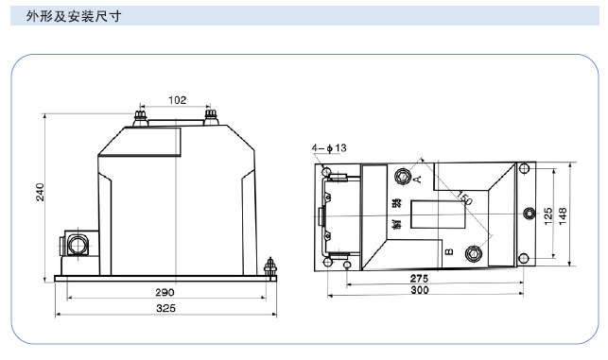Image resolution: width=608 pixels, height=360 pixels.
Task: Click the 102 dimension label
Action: [177, 100]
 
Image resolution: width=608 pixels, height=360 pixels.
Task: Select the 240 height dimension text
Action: [40, 192]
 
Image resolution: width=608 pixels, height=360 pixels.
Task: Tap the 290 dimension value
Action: [165, 292]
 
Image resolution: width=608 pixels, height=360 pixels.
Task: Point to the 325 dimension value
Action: [165, 308]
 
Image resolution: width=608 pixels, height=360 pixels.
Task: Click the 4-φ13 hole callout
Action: [329, 147]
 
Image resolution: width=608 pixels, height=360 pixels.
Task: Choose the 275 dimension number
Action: [419, 278]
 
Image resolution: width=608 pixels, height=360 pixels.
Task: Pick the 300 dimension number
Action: [420, 290]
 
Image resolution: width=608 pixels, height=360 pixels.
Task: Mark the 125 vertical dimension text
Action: [547, 215]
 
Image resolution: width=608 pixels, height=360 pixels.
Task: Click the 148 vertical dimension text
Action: [563, 215]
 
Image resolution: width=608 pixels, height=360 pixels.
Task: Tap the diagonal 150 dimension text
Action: [464, 197]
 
